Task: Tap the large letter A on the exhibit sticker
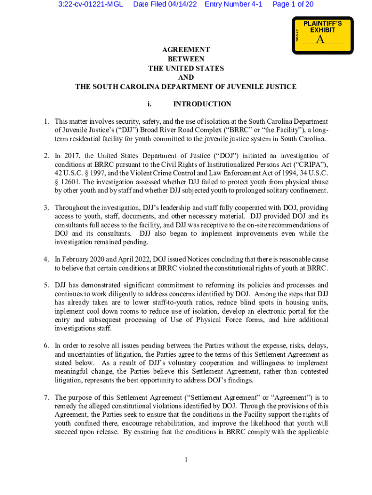tap(320, 40)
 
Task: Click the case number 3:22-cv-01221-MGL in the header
tap(91, 4)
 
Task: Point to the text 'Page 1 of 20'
tap(293, 4)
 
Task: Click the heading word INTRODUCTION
tap(202, 104)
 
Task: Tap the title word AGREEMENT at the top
tap(186, 50)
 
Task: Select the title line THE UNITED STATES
tap(186, 69)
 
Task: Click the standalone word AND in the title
tap(186, 78)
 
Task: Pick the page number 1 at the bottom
tap(186, 459)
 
